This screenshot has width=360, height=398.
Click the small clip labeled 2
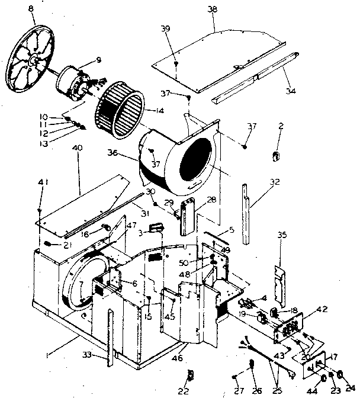276,155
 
